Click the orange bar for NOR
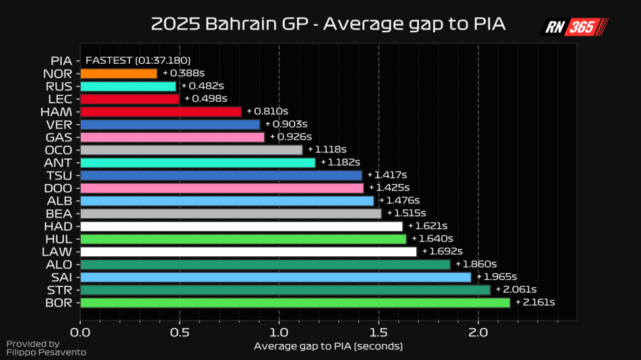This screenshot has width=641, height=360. [x=118, y=74]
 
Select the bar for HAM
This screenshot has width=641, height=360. [x=160, y=112]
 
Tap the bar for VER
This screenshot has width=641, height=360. [x=170, y=124]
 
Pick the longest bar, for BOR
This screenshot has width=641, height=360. [x=295, y=302]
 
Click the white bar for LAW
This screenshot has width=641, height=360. [x=248, y=252]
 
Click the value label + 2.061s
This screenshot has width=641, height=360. [x=516, y=290]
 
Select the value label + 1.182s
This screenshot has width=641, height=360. [x=341, y=162]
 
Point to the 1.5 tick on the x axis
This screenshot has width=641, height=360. [x=379, y=333]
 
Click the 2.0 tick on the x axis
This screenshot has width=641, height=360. [x=478, y=333]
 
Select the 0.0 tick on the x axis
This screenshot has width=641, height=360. [x=80, y=333]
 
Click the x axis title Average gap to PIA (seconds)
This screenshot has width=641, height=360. [x=327, y=346]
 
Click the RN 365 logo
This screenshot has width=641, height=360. [x=573, y=27]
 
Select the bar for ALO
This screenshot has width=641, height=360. [x=265, y=264]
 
